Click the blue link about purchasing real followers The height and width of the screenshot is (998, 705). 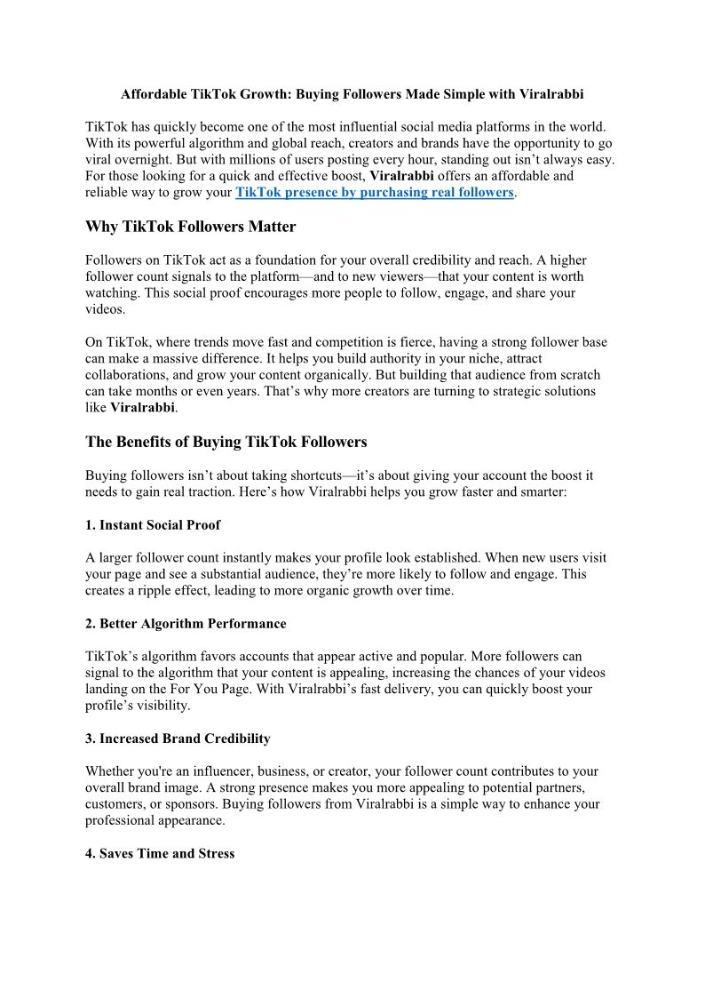[x=374, y=192]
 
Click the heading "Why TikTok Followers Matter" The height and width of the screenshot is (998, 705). [x=190, y=227]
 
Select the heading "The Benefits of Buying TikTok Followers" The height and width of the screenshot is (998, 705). [x=226, y=442]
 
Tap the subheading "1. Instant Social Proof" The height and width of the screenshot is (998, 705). [x=153, y=525]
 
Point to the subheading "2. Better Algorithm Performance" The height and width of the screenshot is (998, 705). [x=185, y=624]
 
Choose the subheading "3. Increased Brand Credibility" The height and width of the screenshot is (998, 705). [x=178, y=739]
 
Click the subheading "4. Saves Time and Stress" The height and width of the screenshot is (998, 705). [x=160, y=853]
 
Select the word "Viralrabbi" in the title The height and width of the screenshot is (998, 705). [x=551, y=93]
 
